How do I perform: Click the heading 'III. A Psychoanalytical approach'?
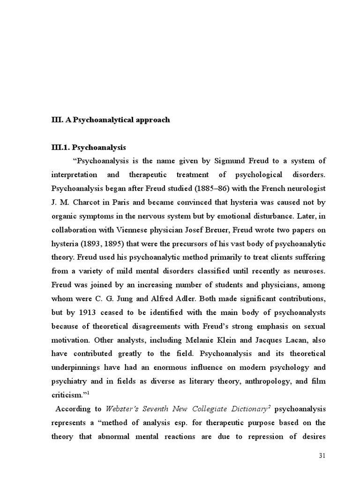(x=110, y=120)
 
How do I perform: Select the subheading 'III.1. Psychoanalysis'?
(x=89, y=147)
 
